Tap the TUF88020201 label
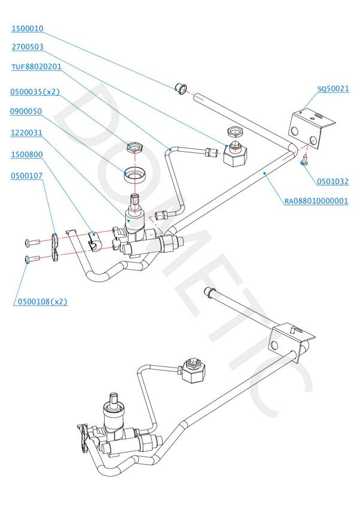pos(37,67)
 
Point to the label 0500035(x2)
pos(35,92)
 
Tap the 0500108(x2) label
pos(40,302)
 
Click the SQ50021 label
pos(333,89)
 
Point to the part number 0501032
pos(333,181)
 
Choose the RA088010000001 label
pos(316,201)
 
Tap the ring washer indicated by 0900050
pos(136,174)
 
